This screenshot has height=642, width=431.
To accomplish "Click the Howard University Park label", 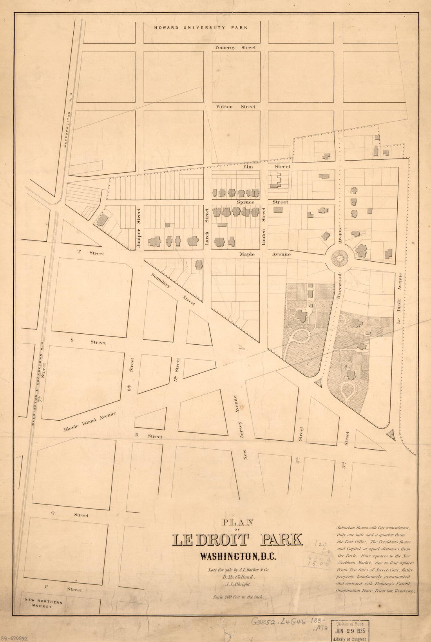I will coord(201,28).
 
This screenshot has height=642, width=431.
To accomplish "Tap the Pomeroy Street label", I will coord(235,48).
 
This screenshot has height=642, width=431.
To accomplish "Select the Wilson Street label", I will coord(235,107).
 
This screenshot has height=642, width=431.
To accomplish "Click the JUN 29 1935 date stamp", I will coord(350,631).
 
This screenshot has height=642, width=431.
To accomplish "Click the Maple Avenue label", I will coord(266,254).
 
